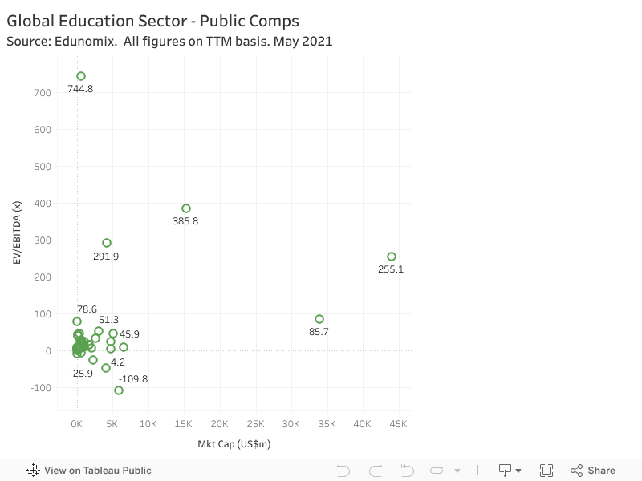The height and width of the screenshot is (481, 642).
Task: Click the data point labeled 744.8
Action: coord(81,76)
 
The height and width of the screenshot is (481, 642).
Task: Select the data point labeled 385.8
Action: coord(186,208)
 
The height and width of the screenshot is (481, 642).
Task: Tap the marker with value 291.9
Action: coord(107,243)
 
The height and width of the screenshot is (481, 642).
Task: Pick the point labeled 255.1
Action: coord(392,257)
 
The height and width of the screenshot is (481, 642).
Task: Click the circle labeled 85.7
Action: coord(319,319)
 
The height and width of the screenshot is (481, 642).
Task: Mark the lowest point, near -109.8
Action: coord(119,390)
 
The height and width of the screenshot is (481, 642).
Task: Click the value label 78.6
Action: coord(87,309)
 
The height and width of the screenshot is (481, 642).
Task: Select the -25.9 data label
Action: coord(81,374)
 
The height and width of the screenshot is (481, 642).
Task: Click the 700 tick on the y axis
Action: coord(43,93)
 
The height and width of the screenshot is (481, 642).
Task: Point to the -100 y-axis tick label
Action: coord(40,388)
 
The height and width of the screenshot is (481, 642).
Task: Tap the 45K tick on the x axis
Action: coord(398,424)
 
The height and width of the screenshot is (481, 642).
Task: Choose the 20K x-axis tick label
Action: coord(219,424)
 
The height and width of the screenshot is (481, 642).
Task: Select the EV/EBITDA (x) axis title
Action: coord(16,232)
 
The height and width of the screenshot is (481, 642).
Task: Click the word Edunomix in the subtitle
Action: coord(79,41)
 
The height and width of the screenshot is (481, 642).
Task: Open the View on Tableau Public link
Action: coord(97,471)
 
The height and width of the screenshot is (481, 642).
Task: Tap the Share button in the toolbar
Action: coord(593,471)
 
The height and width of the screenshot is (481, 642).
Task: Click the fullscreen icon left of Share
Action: coord(547,471)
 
